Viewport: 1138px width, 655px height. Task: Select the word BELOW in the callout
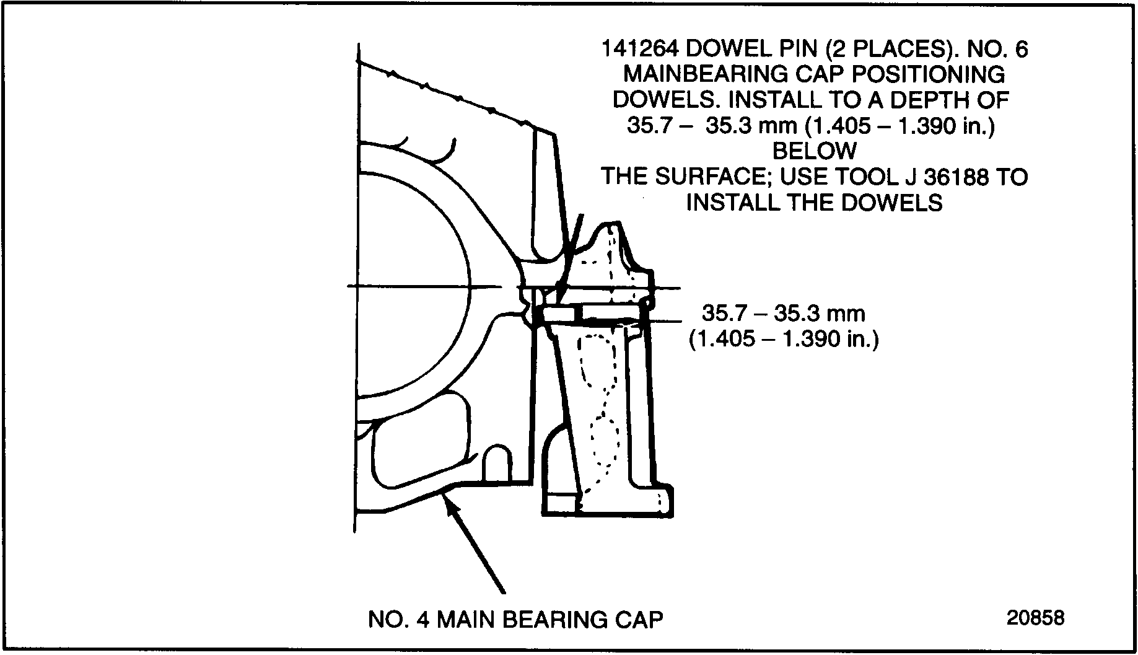coord(815,151)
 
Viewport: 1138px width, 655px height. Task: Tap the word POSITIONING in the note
coord(929,74)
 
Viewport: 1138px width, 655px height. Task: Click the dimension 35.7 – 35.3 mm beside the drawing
coord(783,314)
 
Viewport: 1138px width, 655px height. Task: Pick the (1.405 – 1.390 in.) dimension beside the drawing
coord(784,340)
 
